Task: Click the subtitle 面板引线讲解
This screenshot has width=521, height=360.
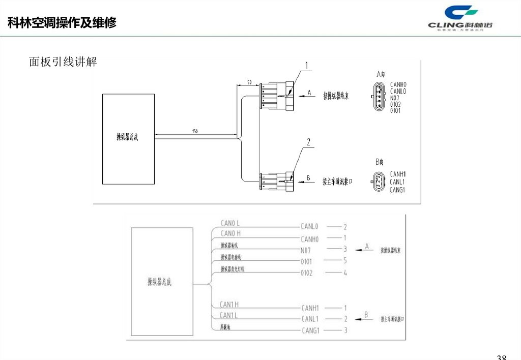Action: [x=63, y=62]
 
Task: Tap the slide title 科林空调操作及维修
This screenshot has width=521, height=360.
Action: [x=62, y=23]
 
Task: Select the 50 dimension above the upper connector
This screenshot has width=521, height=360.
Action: [x=249, y=82]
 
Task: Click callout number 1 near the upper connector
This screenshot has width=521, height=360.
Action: [x=307, y=65]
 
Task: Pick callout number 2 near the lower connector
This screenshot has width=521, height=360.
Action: [x=308, y=141]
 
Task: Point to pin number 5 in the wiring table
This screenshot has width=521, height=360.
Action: [x=345, y=261]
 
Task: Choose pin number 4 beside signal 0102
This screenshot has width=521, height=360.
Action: [x=345, y=273]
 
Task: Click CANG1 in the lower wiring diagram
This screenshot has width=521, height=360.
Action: [x=310, y=331]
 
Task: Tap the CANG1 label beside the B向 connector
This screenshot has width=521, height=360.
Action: [x=397, y=190]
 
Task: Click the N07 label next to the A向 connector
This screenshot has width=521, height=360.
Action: [x=395, y=98]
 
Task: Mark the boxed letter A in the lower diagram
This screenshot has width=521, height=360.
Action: [x=367, y=247]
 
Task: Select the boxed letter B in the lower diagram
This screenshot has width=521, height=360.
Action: [x=366, y=315]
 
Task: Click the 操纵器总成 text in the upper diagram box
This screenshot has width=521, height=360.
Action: [x=128, y=136]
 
